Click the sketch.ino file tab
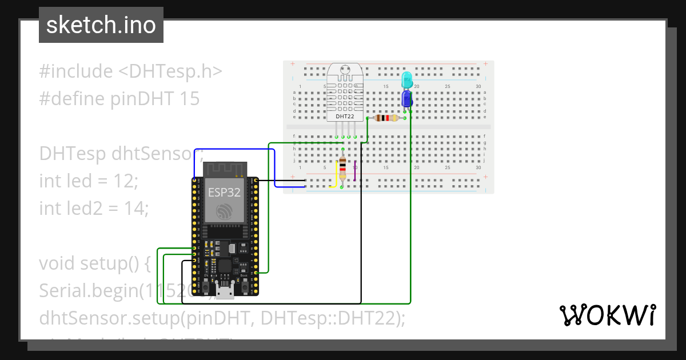pos(101,25)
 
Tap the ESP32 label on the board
pos(224,191)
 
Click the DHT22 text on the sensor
pos(345,116)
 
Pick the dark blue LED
pos(407,98)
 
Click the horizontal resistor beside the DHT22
pos(385,118)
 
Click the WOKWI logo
pos(607,315)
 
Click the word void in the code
pos(58,263)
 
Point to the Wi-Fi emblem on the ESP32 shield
pos(224,214)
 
